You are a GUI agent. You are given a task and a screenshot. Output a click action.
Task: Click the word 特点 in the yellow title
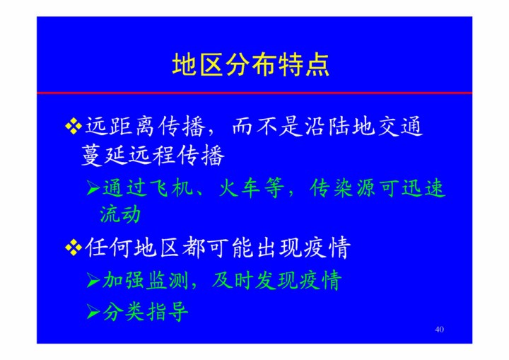(x=304, y=65)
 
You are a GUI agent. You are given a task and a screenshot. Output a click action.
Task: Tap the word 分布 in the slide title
(x=251, y=65)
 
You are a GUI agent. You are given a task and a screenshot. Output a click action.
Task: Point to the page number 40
(x=439, y=329)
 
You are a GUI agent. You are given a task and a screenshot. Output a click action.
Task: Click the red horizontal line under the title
(x=255, y=93)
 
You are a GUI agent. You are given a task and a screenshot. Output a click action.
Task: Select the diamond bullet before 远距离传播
(x=74, y=126)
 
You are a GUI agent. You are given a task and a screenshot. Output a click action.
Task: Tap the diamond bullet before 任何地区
(x=74, y=248)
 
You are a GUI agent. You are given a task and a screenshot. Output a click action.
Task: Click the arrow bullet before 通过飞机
(x=93, y=188)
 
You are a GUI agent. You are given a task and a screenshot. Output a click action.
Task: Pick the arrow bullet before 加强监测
(x=93, y=280)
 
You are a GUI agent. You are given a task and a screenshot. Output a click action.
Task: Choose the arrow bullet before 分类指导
(x=93, y=312)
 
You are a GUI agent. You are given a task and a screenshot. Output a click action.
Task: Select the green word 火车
(x=240, y=188)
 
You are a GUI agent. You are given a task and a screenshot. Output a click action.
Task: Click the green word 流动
(x=120, y=214)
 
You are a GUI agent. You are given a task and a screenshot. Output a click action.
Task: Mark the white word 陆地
(x=351, y=126)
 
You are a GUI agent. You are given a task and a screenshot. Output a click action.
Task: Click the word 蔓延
(x=103, y=155)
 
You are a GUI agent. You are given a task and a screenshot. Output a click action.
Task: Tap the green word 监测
(x=168, y=280)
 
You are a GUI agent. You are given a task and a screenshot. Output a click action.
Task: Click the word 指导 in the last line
(x=168, y=312)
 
